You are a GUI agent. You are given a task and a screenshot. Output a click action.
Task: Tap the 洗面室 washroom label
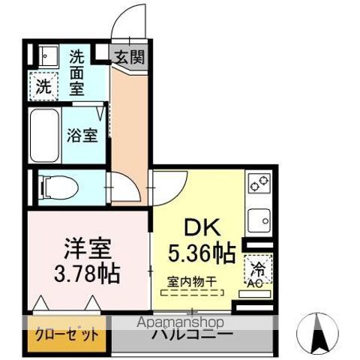[79, 71]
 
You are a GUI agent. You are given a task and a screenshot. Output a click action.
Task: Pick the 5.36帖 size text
[198, 250]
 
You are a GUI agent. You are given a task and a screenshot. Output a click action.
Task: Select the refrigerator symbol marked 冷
[257, 267]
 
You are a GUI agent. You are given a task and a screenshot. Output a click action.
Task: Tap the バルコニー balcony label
[193, 334]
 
